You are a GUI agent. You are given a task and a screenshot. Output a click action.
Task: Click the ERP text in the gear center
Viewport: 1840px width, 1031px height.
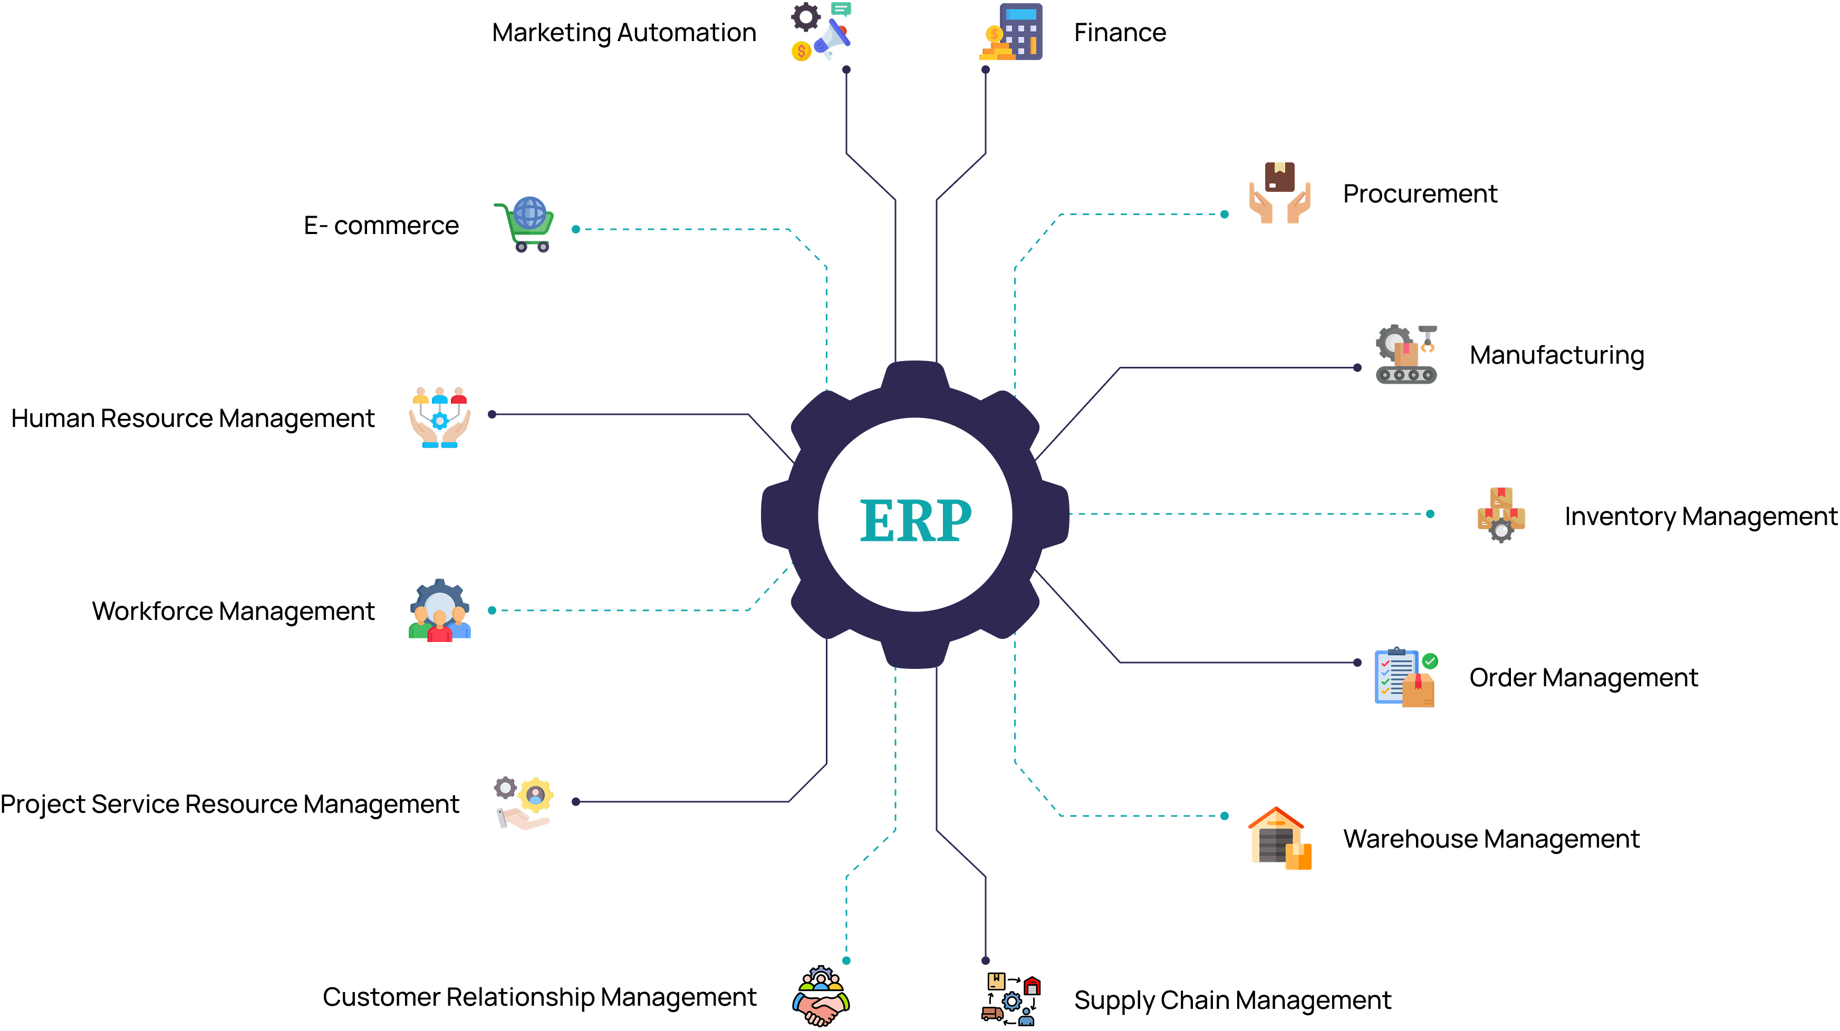pyautogui.click(x=915, y=519)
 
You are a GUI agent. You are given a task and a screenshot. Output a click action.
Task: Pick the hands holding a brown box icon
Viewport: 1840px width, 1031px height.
pyautogui.click(x=1279, y=193)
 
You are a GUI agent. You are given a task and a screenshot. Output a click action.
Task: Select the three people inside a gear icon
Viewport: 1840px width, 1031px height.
pyautogui.click(x=439, y=611)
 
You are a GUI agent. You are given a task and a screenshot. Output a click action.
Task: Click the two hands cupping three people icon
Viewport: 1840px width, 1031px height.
pyautogui.click(x=439, y=417)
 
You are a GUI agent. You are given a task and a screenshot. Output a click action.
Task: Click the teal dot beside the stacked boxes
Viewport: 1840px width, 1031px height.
pyautogui.click(x=1430, y=514)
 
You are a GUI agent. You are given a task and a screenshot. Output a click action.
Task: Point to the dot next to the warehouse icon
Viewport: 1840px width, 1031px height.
pyautogui.click(x=1224, y=816)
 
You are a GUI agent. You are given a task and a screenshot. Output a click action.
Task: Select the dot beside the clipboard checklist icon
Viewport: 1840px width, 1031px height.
pyautogui.click(x=1357, y=663)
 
